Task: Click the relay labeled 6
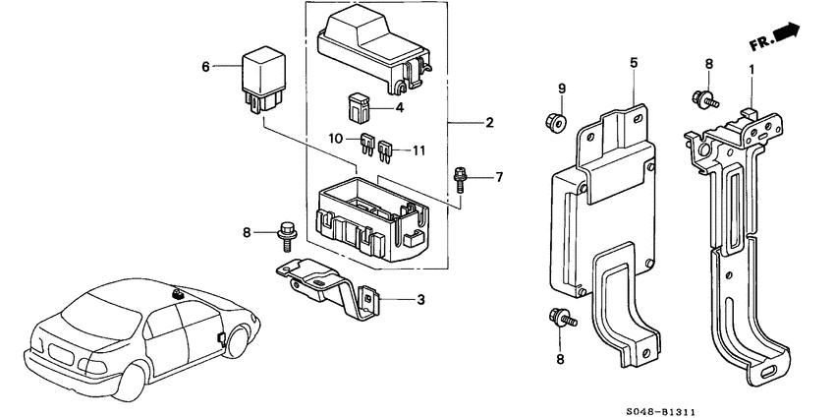pyautogui.click(x=262, y=76)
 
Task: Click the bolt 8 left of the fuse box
pyautogui.click(x=288, y=232)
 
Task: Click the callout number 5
pyautogui.click(x=634, y=63)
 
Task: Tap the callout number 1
pyautogui.click(x=752, y=69)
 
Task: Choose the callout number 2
pyautogui.click(x=488, y=123)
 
